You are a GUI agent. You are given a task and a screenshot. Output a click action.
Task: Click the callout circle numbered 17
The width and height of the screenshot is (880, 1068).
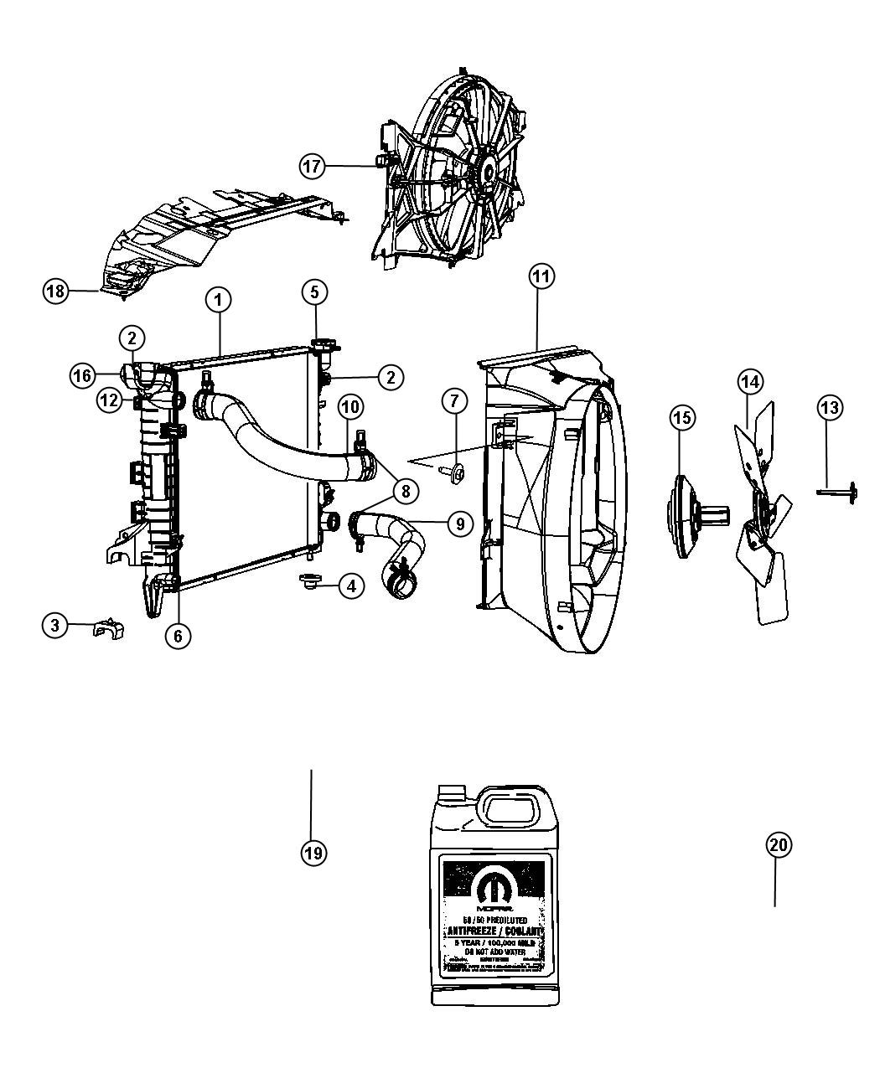(x=312, y=166)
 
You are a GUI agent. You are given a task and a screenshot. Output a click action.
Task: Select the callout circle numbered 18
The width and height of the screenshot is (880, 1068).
(x=55, y=292)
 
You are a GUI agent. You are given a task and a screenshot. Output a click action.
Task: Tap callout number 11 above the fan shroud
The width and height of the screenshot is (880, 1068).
(x=541, y=276)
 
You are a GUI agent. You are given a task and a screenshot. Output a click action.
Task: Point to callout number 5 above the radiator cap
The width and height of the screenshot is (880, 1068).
(x=314, y=292)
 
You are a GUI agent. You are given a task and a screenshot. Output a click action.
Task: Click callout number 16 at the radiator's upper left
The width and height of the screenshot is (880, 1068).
(x=81, y=376)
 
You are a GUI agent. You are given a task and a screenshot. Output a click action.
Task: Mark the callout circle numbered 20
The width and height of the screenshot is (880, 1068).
(x=779, y=845)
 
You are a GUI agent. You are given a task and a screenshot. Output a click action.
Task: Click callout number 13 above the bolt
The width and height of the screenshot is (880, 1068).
(x=829, y=408)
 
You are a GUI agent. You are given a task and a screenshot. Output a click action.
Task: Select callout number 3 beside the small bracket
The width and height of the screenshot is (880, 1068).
(x=54, y=625)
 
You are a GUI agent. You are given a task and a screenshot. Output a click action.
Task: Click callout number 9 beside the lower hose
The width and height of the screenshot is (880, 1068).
(x=460, y=524)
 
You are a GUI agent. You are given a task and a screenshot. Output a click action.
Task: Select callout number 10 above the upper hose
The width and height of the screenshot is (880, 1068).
(x=350, y=408)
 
